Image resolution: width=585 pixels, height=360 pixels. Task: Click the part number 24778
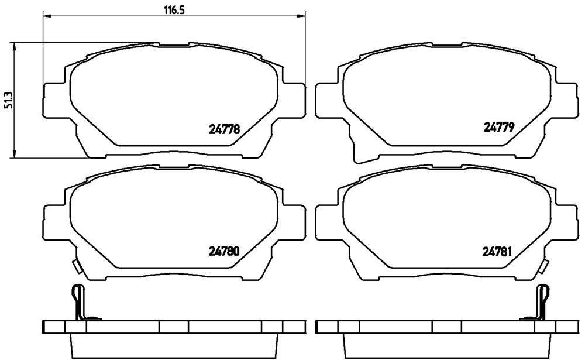click(223, 129)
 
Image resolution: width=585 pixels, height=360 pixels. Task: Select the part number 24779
click(499, 128)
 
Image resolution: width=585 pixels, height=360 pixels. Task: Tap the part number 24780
click(223, 252)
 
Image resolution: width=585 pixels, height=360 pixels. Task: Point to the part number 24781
click(497, 252)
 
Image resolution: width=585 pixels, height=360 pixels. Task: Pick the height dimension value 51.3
click(7, 101)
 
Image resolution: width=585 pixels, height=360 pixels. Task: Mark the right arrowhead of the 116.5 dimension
click(301, 16)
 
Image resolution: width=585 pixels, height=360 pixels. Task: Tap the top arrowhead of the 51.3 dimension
click(14, 47)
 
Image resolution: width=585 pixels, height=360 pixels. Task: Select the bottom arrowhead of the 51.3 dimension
click(14, 153)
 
